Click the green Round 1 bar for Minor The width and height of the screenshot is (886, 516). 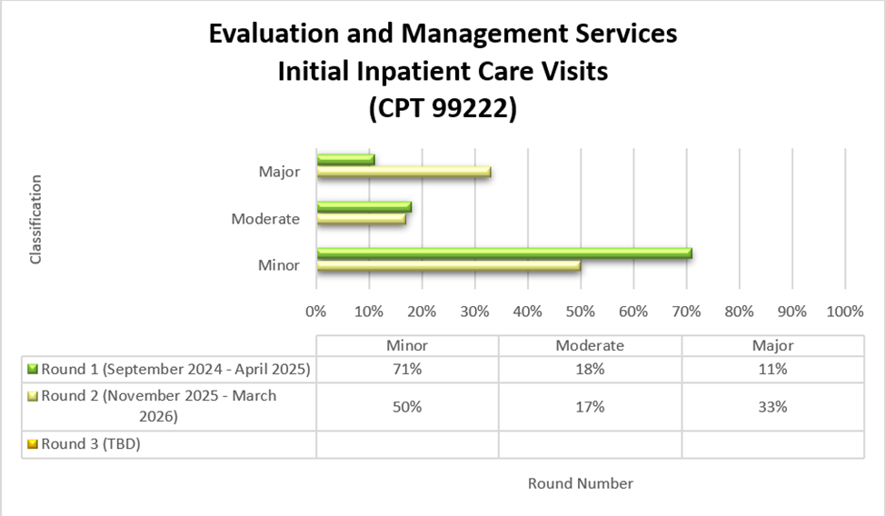point(504,253)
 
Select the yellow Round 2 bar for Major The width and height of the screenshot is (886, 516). point(404,172)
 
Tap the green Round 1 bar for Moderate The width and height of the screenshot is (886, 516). point(364,206)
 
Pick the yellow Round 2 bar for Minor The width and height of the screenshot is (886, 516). point(449,266)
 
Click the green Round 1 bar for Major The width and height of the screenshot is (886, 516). point(346,160)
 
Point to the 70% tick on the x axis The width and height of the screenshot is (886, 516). point(686,312)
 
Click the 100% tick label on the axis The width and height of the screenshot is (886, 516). point(845,312)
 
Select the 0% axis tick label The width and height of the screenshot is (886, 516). point(315,312)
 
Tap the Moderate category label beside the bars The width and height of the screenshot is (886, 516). point(265,219)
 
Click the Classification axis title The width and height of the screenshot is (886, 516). point(36,220)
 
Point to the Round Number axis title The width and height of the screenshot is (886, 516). point(580,483)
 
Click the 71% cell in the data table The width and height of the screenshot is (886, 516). point(406,370)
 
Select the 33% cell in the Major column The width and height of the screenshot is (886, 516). point(772,407)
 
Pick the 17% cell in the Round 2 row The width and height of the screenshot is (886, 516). point(590,407)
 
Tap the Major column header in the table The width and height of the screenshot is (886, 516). point(772,345)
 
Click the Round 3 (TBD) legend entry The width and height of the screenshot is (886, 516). point(90,444)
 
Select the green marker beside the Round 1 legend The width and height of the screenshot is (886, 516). point(34,370)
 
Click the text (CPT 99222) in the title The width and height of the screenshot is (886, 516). point(443,108)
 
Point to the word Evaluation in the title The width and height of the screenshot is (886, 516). point(273,34)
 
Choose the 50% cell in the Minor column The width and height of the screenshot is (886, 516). point(406,407)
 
